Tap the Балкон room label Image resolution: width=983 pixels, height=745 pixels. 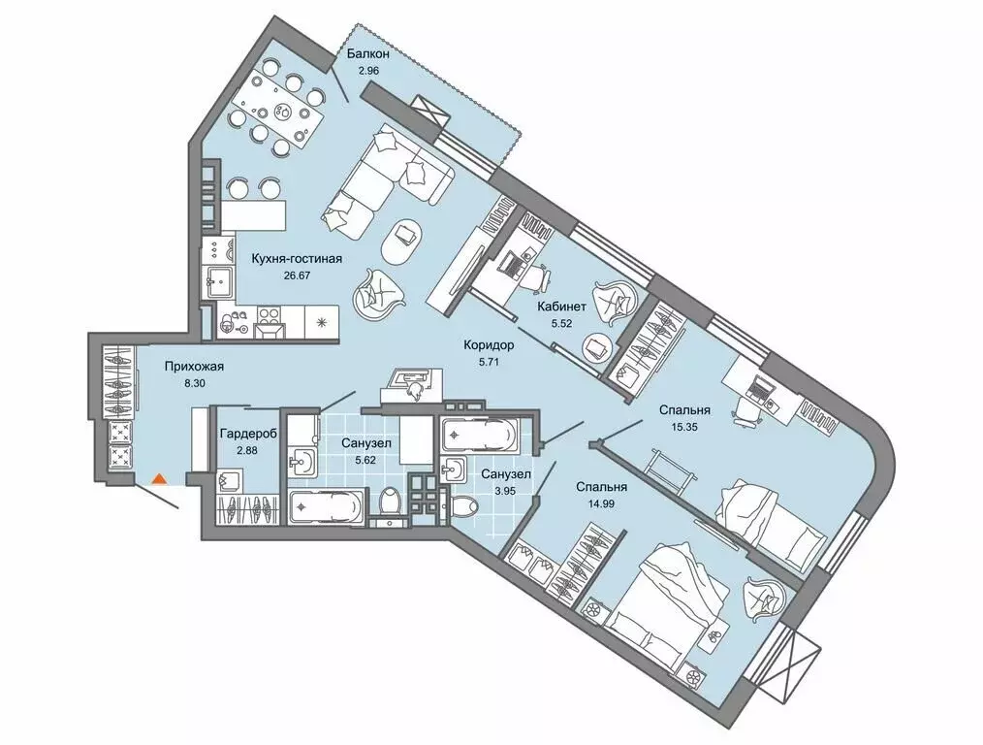click(x=368, y=54)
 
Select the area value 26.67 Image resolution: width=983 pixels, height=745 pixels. click(x=298, y=275)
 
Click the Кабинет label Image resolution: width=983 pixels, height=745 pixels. click(x=561, y=307)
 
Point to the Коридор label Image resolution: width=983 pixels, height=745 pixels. click(x=489, y=345)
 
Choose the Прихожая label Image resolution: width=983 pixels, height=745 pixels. click(x=194, y=367)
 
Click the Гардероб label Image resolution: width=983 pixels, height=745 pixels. click(x=249, y=433)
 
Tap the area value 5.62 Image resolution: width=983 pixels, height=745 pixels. click(x=366, y=460)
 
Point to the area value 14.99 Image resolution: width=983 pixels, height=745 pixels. click(x=601, y=502)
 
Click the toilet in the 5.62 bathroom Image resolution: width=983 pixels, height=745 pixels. click(x=392, y=504)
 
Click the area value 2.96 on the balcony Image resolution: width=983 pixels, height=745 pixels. click(x=369, y=71)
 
